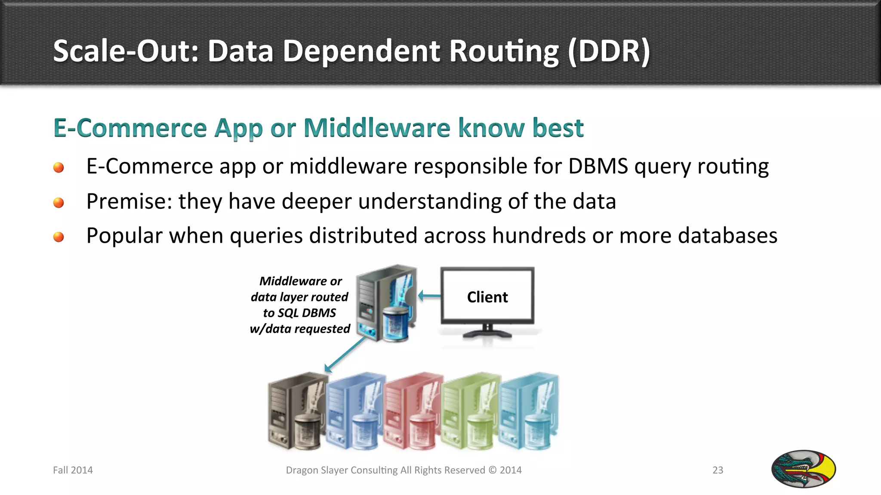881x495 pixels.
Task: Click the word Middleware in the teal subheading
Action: click(377, 128)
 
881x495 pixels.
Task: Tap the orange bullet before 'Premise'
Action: click(59, 202)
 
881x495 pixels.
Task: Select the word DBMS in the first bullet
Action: click(598, 166)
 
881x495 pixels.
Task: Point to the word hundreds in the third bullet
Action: click(539, 235)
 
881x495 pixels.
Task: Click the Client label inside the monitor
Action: click(487, 297)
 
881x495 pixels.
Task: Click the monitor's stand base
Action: click(487, 334)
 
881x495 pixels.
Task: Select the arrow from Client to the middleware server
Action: click(429, 296)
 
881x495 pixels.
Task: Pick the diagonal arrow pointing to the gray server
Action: click(345, 355)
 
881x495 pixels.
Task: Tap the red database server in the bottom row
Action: click(412, 412)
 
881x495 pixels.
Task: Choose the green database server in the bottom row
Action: click(470, 412)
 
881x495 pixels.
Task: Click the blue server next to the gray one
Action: click(354, 412)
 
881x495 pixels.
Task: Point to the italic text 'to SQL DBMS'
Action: click(299, 313)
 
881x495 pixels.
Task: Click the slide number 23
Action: click(718, 470)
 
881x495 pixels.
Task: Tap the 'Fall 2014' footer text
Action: click(73, 470)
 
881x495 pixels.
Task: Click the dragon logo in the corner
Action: click(803, 469)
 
